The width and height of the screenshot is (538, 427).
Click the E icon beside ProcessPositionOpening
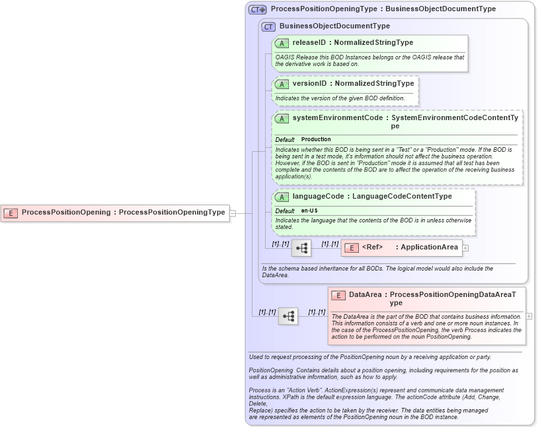tap(11, 213)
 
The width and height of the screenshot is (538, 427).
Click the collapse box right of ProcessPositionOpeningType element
tap(233, 213)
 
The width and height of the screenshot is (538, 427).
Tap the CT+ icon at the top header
tap(257, 9)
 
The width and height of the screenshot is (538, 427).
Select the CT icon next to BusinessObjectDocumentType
tap(268, 26)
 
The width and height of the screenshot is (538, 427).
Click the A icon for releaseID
tap(282, 43)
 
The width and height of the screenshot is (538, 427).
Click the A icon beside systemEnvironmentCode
tap(282, 119)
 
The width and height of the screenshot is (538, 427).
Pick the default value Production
tap(316, 140)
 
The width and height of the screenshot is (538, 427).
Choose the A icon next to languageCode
tap(282, 197)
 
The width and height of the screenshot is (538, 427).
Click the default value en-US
tap(309, 211)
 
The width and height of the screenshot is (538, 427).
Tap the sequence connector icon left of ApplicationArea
tap(301, 248)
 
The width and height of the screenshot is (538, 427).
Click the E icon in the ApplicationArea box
tap(351, 247)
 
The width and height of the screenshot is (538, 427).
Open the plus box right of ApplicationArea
tap(465, 248)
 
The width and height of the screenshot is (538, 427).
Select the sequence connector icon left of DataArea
tap(288, 316)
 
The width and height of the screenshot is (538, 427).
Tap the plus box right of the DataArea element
tap(529, 316)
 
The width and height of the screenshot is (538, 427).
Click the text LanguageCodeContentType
tap(402, 196)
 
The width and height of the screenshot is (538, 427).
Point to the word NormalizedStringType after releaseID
tap(374, 43)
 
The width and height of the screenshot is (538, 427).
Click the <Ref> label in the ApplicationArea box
tap(373, 247)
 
